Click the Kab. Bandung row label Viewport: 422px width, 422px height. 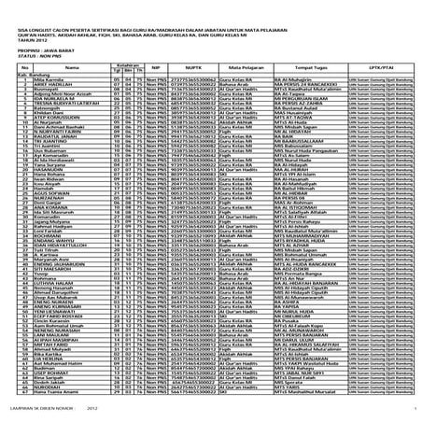point(21,77)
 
